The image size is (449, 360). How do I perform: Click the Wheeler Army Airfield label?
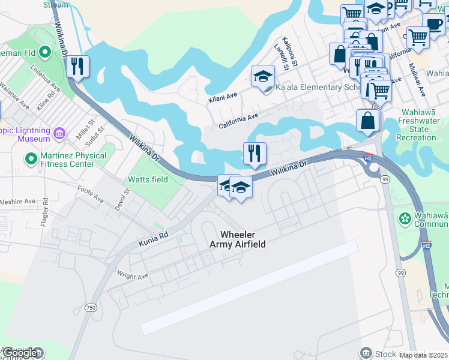pyautogui.click(x=238, y=239)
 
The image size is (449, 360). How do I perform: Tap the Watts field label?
pyautogui.click(x=147, y=179)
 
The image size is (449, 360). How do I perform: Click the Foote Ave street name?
pyautogui.click(x=91, y=194)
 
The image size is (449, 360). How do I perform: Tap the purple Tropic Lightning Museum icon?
pyautogui.click(x=59, y=133)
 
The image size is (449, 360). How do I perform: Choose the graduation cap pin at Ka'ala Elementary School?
pyautogui.click(x=263, y=77)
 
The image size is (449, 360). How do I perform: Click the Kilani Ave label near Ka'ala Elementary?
pyautogui.click(x=223, y=97)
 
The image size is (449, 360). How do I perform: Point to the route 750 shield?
pyautogui.click(x=91, y=307)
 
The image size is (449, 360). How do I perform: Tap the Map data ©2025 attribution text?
pyautogui.click(x=424, y=355)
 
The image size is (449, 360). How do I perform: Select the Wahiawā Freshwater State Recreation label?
pyautogui.click(x=423, y=129)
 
